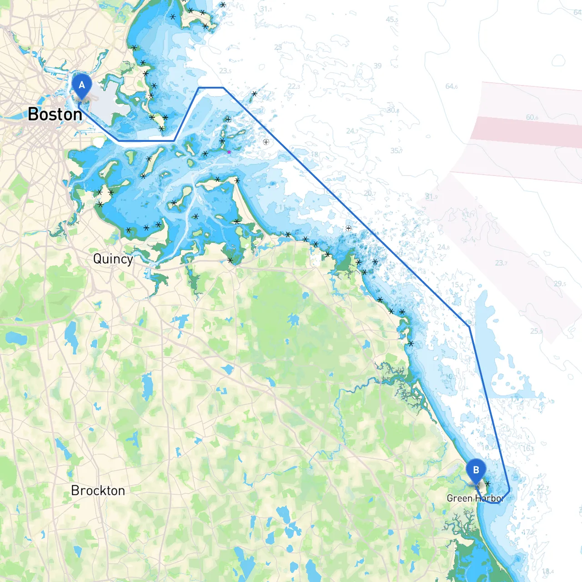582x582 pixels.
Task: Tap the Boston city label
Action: (55, 114)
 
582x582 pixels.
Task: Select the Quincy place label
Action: (113, 259)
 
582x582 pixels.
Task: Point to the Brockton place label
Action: (98, 491)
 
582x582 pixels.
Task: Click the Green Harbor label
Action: (475, 498)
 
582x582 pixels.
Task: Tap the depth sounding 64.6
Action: (452, 86)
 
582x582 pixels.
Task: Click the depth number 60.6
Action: (532, 117)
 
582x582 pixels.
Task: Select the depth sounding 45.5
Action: (392, 20)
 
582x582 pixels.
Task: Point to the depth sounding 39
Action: (378, 66)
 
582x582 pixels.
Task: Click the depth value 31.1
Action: (266, 9)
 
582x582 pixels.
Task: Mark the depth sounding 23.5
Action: (225, 71)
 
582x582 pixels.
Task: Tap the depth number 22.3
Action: (294, 86)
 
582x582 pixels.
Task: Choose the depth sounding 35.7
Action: (396, 151)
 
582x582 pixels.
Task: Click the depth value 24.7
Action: (352, 131)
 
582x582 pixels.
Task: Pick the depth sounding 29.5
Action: (560, 284)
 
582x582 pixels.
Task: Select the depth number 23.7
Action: (502, 263)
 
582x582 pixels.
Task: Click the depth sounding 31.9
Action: (431, 197)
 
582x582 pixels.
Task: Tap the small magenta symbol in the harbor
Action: (229, 152)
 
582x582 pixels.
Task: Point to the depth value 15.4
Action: (457, 285)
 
